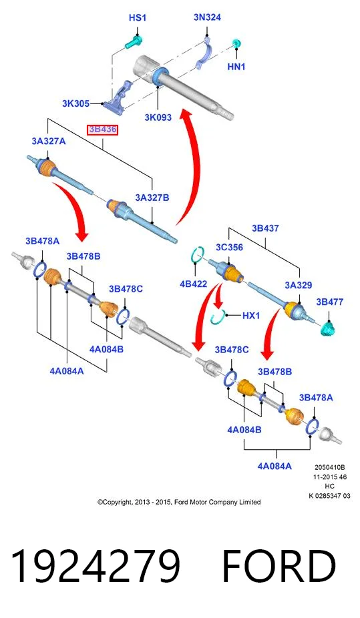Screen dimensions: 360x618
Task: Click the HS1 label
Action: (x=137, y=18)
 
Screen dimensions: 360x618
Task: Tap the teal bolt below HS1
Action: (x=134, y=42)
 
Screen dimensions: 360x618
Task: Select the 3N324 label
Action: (x=207, y=17)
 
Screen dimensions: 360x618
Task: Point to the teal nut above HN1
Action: (x=236, y=44)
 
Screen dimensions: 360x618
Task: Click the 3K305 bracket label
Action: (x=75, y=103)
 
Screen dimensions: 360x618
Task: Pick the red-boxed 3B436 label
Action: (x=102, y=129)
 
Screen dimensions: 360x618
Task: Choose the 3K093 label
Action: (x=158, y=117)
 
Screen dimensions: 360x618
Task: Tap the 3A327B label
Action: (x=152, y=198)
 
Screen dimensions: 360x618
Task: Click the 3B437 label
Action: (x=265, y=228)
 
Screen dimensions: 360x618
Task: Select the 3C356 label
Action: (x=229, y=248)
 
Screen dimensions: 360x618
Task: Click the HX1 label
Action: (x=251, y=315)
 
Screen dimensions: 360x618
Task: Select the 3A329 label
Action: (x=299, y=286)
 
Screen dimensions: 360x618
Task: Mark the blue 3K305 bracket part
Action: (x=117, y=97)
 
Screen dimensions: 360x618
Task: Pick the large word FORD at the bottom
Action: (x=279, y=567)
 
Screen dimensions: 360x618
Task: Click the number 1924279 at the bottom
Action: (x=96, y=567)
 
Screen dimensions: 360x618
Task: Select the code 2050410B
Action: (x=330, y=467)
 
